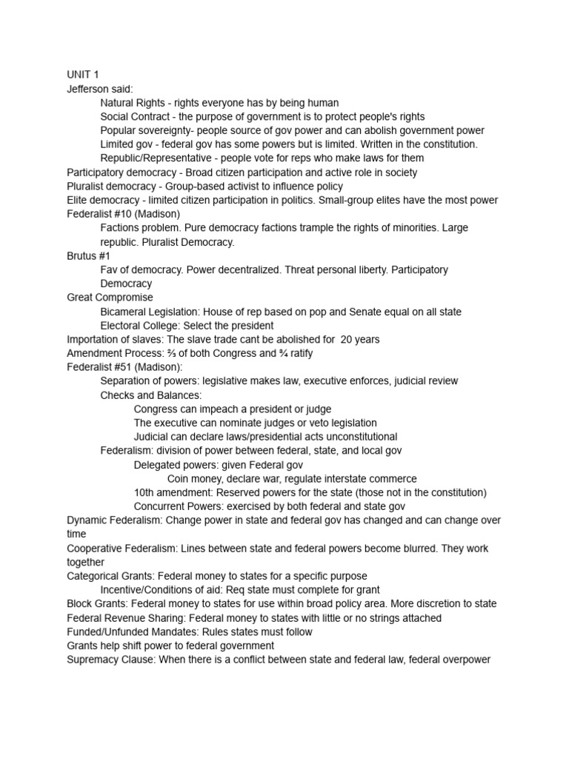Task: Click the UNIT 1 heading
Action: tap(82, 75)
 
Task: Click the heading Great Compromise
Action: tap(110, 298)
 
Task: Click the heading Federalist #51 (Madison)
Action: tap(124, 367)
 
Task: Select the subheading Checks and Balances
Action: tap(150, 395)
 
